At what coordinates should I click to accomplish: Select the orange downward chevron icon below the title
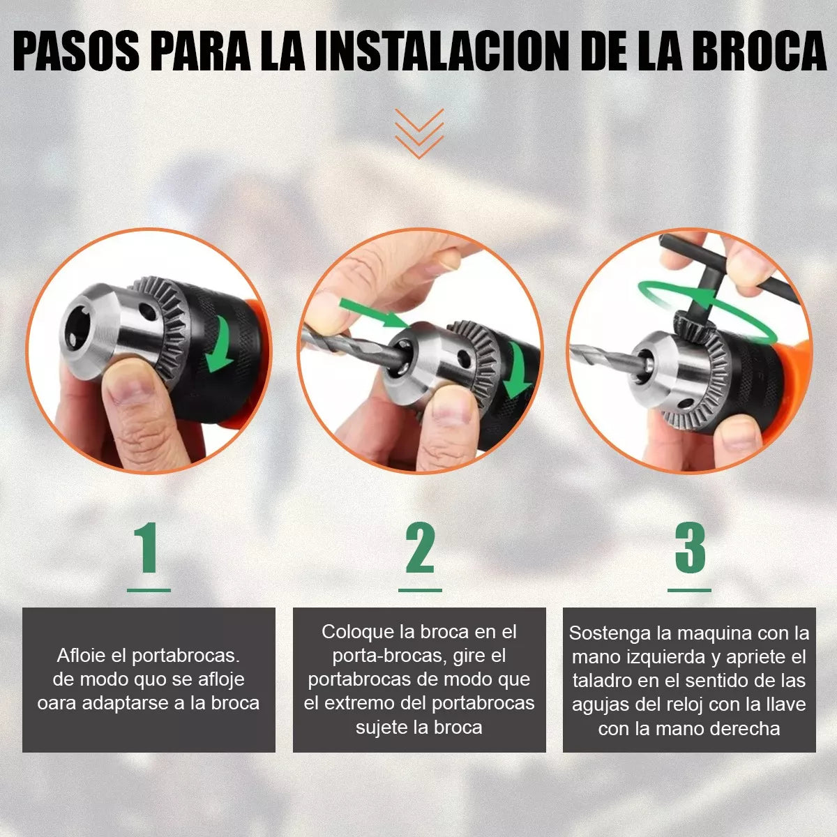tap(418, 133)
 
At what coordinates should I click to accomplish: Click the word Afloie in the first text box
tap(82, 656)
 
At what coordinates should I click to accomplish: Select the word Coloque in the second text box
tap(358, 632)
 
